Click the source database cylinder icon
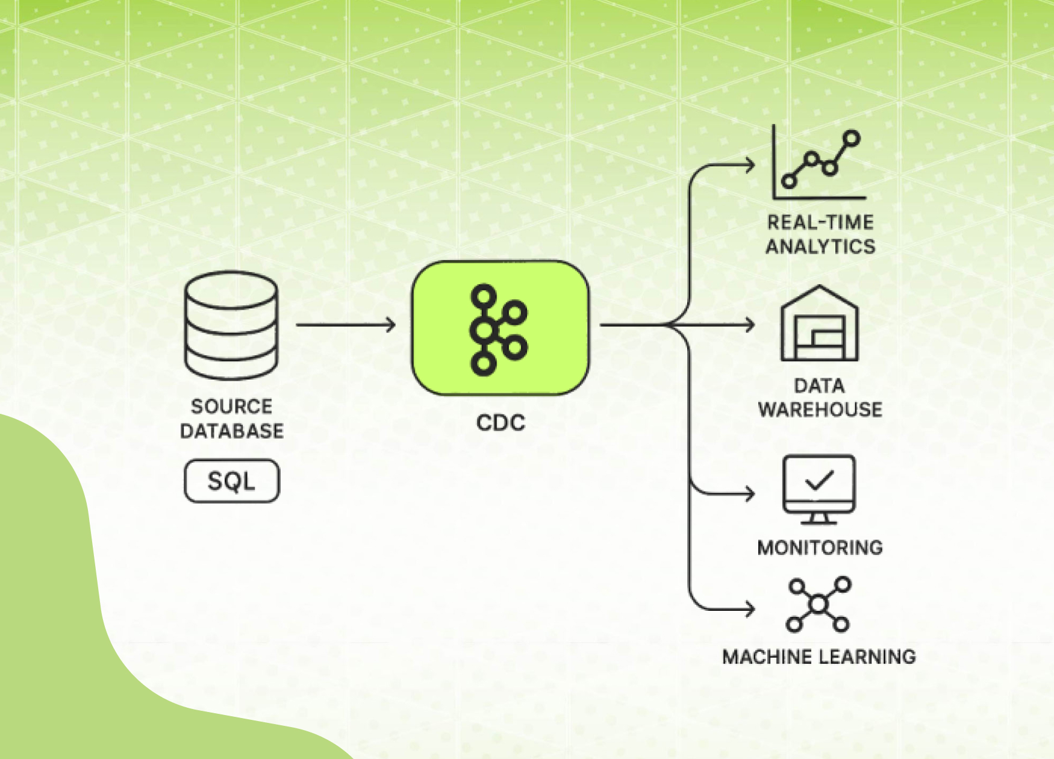click(x=231, y=325)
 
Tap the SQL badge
click(x=232, y=481)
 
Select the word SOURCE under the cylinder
click(x=232, y=407)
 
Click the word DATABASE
click(x=232, y=431)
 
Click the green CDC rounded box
click(x=500, y=328)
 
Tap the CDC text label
click(x=500, y=423)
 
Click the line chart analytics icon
click(x=819, y=163)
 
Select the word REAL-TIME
click(x=820, y=223)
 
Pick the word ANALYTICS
click(x=820, y=247)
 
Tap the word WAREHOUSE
click(x=820, y=410)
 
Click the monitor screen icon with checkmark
click(x=819, y=489)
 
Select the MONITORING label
click(x=820, y=548)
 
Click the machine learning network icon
click(x=819, y=604)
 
